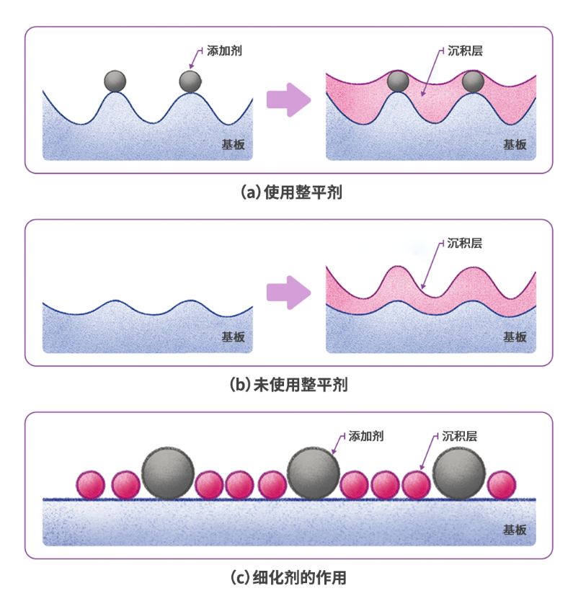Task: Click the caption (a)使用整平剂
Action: (x=292, y=192)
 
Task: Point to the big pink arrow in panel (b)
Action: (x=288, y=292)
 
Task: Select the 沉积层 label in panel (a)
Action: (x=464, y=52)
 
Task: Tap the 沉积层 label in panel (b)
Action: (x=464, y=244)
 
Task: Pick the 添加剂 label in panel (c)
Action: (x=365, y=436)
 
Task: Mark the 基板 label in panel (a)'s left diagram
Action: (x=233, y=144)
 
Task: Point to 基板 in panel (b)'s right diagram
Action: (x=515, y=337)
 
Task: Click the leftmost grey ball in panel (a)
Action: (x=115, y=81)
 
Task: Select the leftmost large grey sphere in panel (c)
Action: (x=168, y=472)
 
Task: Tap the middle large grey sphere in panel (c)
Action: (x=313, y=472)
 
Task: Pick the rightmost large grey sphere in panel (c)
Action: (x=459, y=472)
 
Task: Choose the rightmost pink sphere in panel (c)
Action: (x=502, y=485)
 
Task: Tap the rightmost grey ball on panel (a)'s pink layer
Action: (x=473, y=81)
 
